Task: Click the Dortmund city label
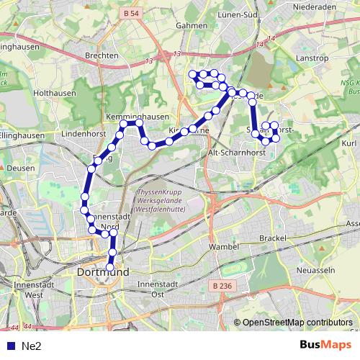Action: point(102,273)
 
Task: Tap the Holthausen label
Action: point(50,93)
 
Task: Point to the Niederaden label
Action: point(317,9)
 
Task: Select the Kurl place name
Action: point(350,144)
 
